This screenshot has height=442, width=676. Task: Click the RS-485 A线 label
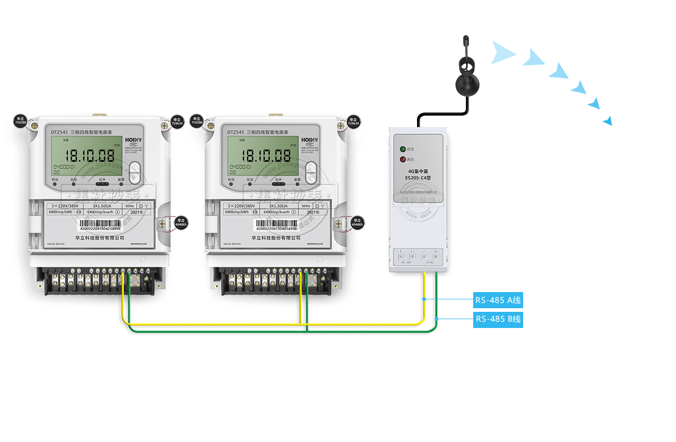498,300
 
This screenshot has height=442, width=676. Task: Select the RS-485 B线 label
498,319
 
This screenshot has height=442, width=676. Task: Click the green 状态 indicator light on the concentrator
402,149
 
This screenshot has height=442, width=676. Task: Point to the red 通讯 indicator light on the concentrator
402,159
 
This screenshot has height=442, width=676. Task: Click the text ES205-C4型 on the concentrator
419,178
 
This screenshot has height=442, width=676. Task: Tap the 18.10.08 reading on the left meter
86,155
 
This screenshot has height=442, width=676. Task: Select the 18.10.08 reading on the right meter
266,155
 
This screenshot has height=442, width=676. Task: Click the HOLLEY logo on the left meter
133,140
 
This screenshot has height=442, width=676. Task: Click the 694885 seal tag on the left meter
181,222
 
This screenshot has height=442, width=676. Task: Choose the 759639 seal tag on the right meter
353,121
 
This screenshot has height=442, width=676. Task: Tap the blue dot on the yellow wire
424,299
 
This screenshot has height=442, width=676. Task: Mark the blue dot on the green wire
437,319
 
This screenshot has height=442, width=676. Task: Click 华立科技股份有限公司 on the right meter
276,237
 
